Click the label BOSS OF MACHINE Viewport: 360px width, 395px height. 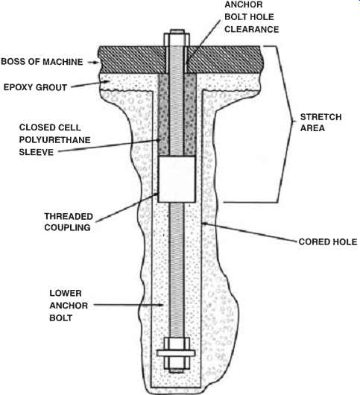42,62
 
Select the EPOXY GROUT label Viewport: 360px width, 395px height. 35,87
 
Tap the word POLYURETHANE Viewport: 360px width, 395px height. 54,140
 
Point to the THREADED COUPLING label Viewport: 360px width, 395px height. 67,222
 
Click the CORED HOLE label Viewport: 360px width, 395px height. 328,241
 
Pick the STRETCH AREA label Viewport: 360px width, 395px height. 320,122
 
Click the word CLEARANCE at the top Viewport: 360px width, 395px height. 251,29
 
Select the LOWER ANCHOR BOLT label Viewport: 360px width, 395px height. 69,306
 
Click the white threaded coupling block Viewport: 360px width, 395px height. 177,179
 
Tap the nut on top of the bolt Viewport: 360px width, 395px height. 177,39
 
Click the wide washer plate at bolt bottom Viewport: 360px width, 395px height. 176,353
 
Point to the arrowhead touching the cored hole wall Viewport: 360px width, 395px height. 204,223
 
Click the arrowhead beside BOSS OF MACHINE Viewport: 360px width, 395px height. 96,62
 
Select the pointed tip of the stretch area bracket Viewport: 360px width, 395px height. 294,122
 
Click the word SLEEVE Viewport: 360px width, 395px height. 37,152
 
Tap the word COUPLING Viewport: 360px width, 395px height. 67,227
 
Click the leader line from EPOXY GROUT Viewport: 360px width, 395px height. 90,84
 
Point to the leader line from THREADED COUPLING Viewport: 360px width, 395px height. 127,208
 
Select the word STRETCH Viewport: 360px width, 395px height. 320,117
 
